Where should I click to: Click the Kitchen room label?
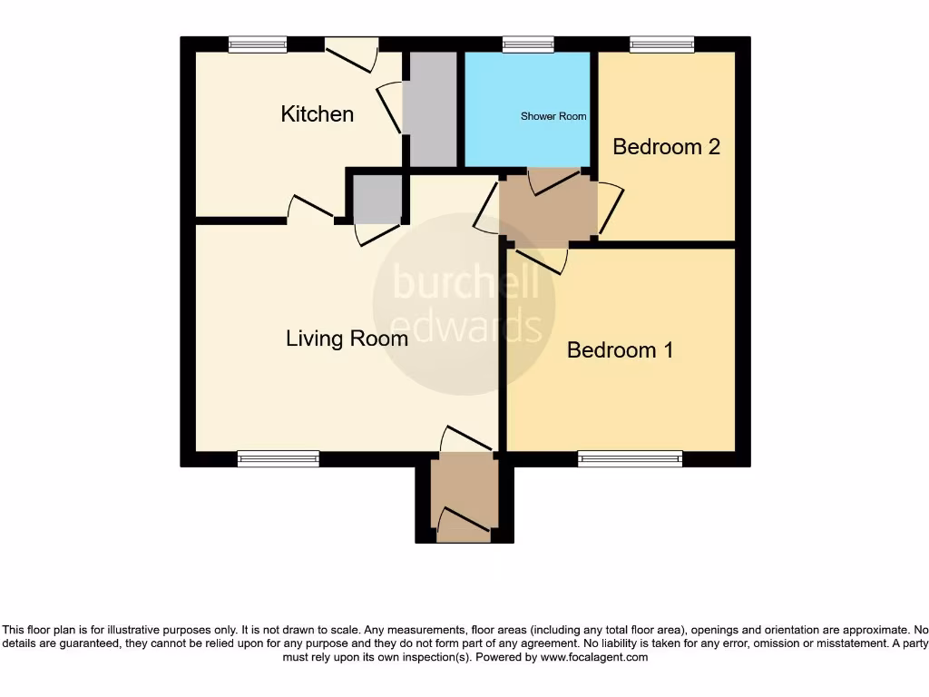coord(317,114)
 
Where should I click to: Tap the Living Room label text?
coord(347,339)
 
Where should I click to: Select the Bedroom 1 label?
coord(620,350)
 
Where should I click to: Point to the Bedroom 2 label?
coord(666,147)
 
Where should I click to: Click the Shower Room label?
coord(553,116)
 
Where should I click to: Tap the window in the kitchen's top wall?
coord(257,44)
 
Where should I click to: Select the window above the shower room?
coord(528,44)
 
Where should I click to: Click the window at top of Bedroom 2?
coord(662,44)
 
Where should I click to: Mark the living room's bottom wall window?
coord(279,459)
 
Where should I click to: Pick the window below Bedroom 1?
coord(631,459)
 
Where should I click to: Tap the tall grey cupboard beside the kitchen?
coord(429,109)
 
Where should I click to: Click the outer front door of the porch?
coord(464,525)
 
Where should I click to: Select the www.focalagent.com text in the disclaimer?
coord(593,657)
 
